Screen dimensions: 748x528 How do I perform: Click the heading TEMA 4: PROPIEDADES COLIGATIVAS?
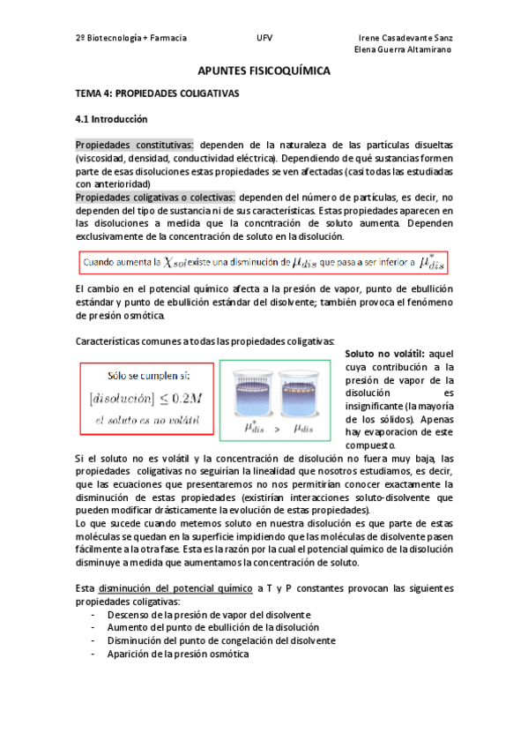point(157,93)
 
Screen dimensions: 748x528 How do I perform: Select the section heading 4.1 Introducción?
point(111,119)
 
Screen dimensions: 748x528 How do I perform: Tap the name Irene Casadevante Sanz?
point(407,38)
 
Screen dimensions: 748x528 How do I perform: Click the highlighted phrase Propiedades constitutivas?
point(135,145)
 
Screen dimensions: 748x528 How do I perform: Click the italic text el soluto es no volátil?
point(145,421)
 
